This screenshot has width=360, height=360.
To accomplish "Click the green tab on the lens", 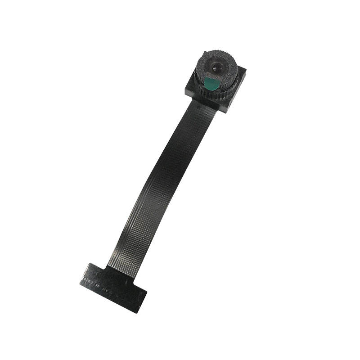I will (x=211, y=82).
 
